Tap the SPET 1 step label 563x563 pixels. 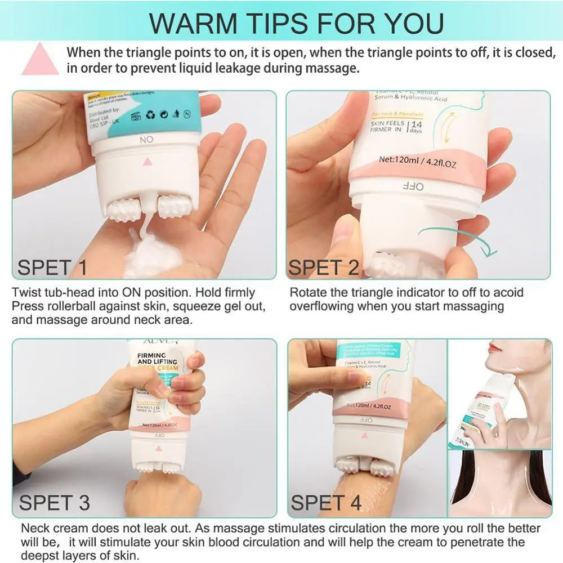(52, 267)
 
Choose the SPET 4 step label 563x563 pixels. (326, 503)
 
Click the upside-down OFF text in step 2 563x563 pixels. (413, 186)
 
